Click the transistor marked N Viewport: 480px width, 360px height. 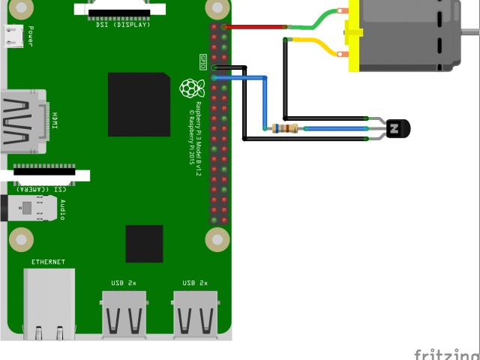[394, 129]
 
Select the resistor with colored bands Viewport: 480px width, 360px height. [285, 128]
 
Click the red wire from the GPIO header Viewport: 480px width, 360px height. [255, 27]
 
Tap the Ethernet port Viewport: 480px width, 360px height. [49, 304]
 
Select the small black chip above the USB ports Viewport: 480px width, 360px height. [144, 244]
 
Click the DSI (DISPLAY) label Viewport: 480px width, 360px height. [123, 25]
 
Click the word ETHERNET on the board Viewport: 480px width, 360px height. [48, 262]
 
